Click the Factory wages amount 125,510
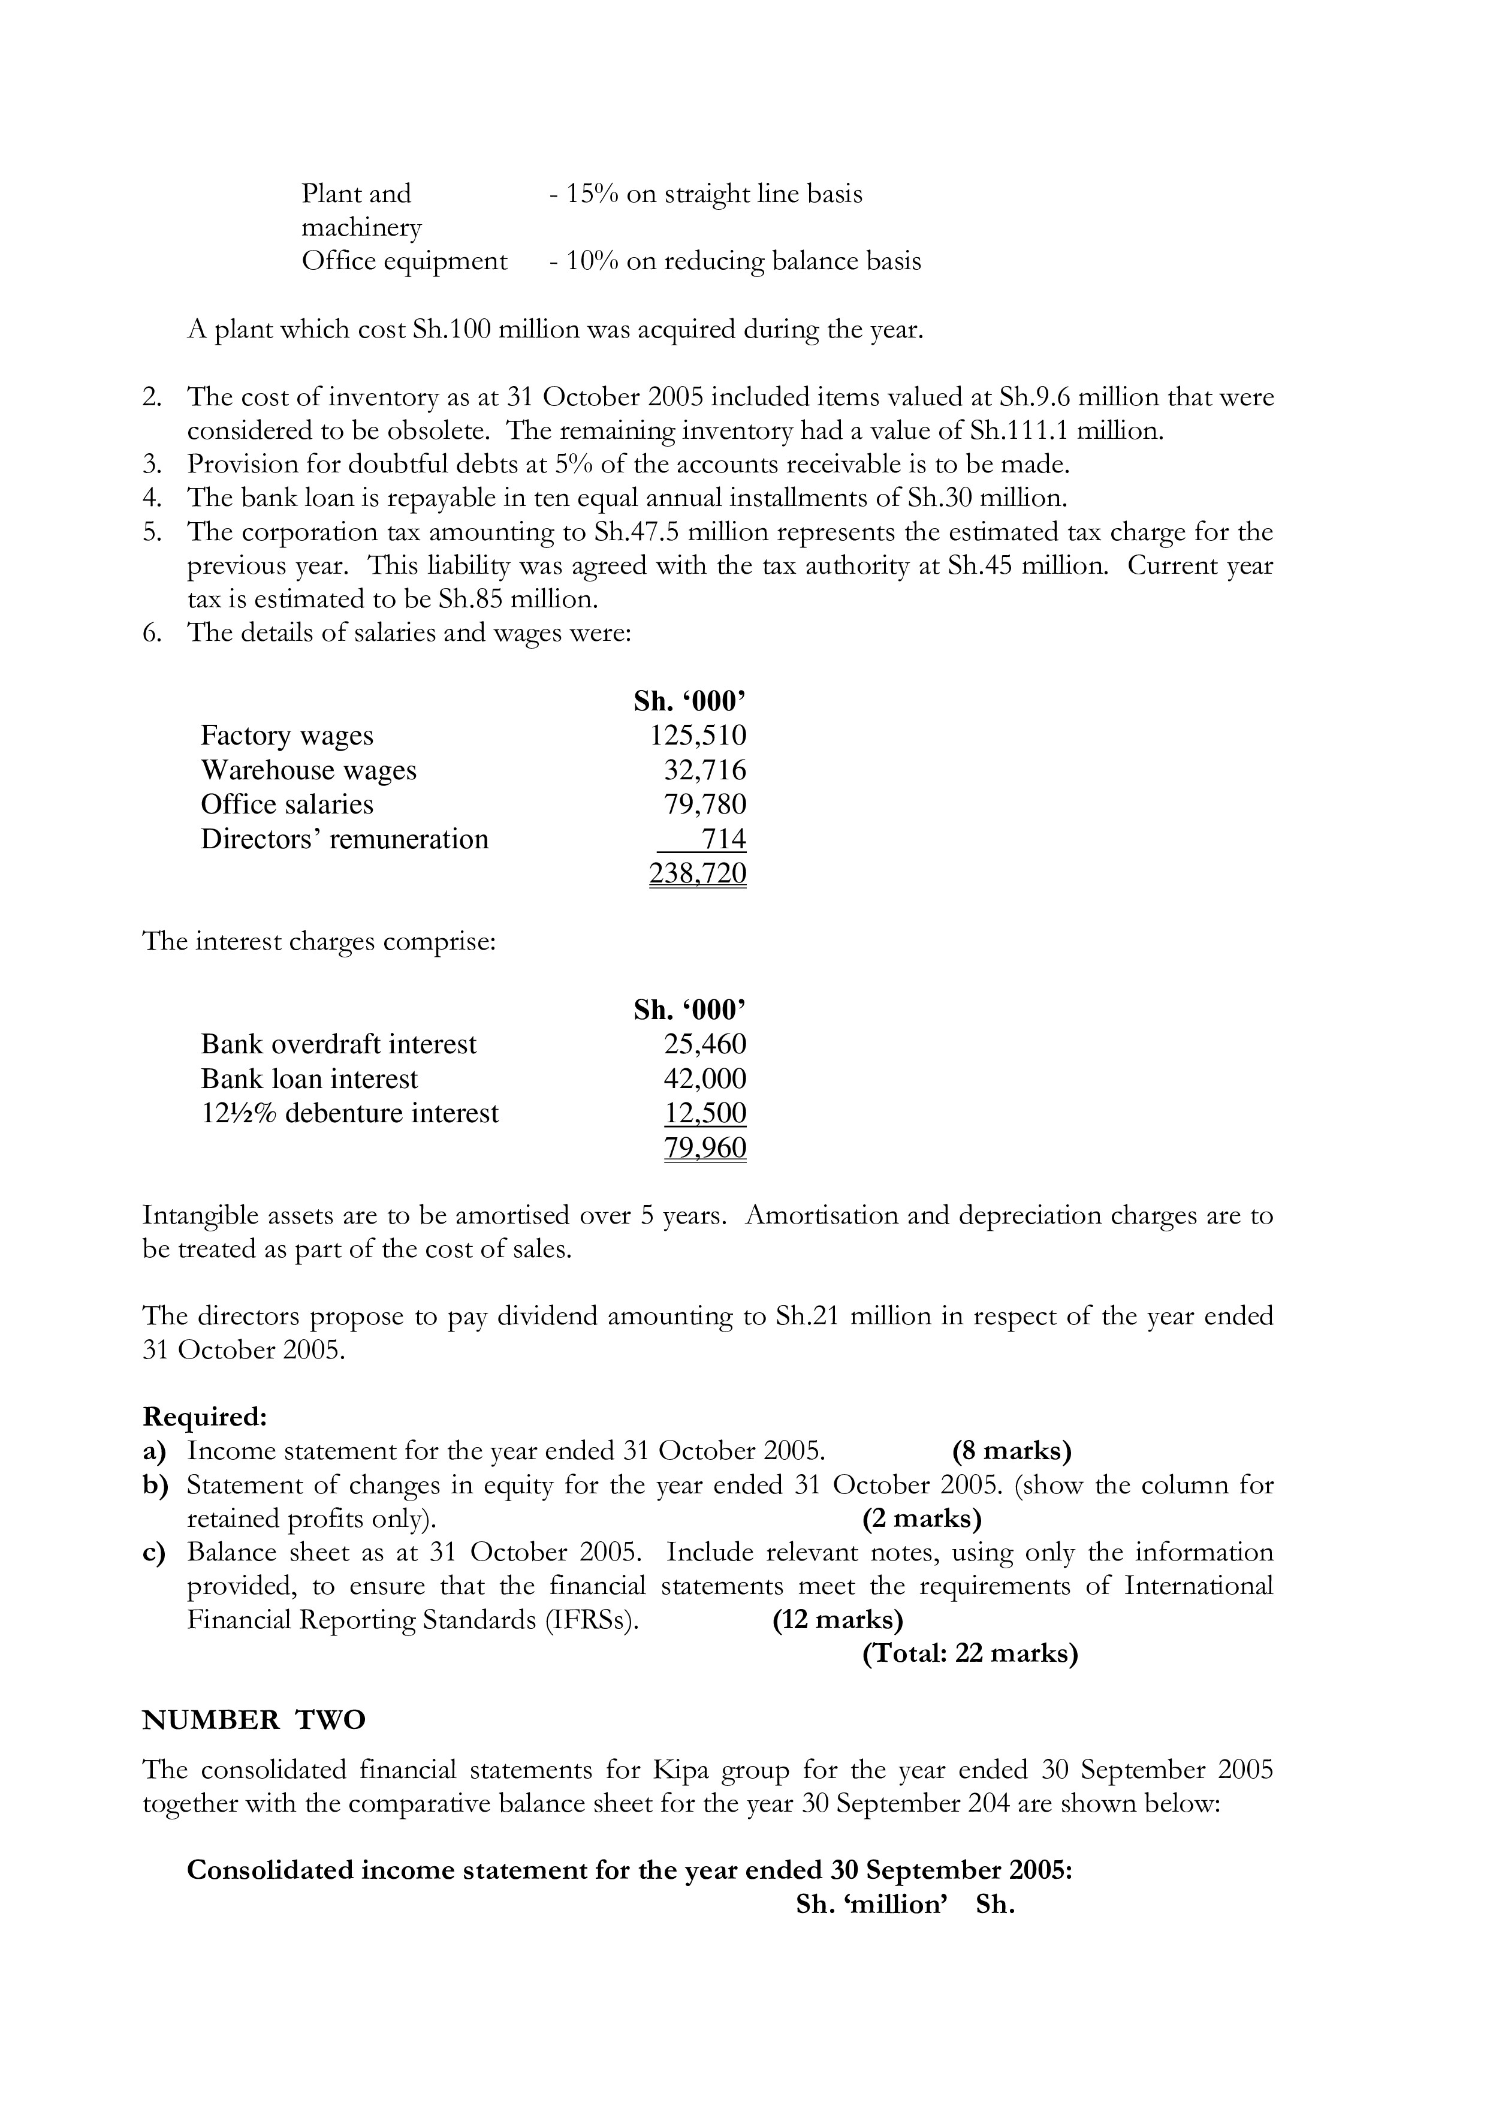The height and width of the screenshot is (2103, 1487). (698, 736)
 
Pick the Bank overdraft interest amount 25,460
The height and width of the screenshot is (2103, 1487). (704, 1044)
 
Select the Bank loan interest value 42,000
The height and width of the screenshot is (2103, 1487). (704, 1079)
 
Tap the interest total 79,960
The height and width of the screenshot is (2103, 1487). (704, 1147)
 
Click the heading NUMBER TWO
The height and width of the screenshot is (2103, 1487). (254, 1721)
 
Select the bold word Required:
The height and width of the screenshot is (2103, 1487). (204, 1417)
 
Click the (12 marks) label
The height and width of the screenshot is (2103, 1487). (837, 1620)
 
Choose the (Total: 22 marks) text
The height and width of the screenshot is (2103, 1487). (970, 1653)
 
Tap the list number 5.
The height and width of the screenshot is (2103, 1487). (152, 532)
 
